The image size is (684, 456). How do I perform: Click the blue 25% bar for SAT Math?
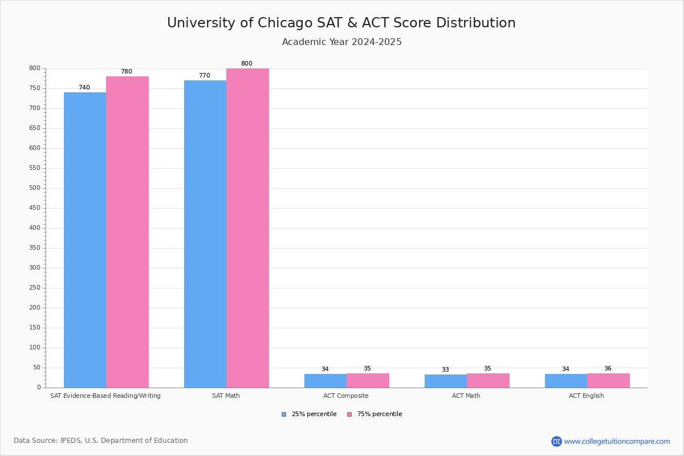click(205, 234)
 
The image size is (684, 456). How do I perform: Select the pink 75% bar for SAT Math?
click(247, 228)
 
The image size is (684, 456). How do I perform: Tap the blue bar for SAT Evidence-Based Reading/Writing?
click(85, 239)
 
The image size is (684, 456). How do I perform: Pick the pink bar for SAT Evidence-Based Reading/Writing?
click(127, 232)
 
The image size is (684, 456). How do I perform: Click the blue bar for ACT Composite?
click(325, 381)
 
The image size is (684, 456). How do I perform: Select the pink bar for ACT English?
click(608, 381)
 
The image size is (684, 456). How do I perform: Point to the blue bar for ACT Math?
click(446, 381)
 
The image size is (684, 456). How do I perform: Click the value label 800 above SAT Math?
click(246, 64)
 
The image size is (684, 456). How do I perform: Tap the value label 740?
click(84, 88)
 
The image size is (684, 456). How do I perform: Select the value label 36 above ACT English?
click(608, 369)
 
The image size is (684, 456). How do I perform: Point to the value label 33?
click(445, 370)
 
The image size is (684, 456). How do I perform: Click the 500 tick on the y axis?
click(35, 188)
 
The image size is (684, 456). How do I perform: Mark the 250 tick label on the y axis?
click(35, 288)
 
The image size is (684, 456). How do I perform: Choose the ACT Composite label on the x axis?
click(346, 396)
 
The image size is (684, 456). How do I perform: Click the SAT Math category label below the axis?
click(226, 396)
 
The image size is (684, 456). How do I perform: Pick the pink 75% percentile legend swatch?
click(349, 414)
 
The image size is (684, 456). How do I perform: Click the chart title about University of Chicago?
click(341, 23)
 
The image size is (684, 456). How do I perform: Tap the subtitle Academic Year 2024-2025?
click(341, 42)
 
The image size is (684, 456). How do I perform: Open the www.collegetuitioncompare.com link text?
click(617, 441)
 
